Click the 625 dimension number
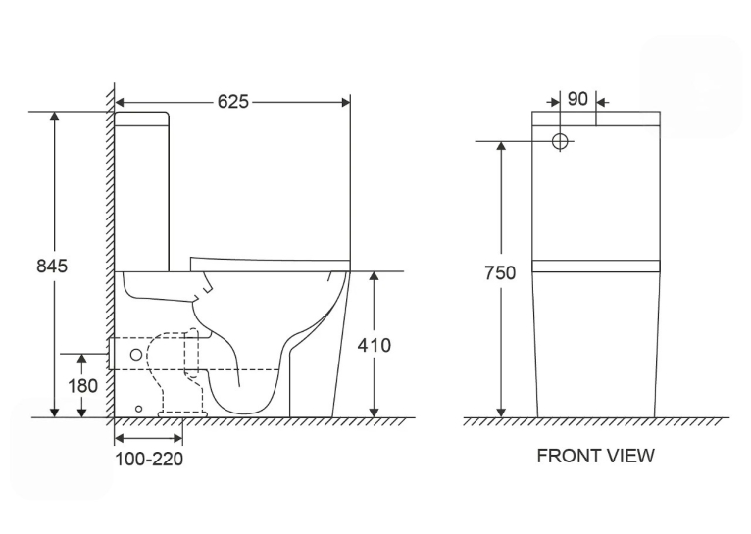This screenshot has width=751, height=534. pos(232,102)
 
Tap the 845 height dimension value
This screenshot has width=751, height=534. pos(52,267)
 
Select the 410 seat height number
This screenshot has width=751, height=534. pos(375,345)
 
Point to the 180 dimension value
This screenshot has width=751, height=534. pos(83,386)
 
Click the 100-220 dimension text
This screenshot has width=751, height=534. pos(149,459)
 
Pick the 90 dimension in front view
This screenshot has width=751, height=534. pos(577,99)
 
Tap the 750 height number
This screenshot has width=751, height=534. pos(500,273)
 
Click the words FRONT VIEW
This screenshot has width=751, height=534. pos(595,456)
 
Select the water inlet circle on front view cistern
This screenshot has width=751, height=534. pos(560,141)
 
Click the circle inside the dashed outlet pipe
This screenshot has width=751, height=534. pos(136,355)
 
